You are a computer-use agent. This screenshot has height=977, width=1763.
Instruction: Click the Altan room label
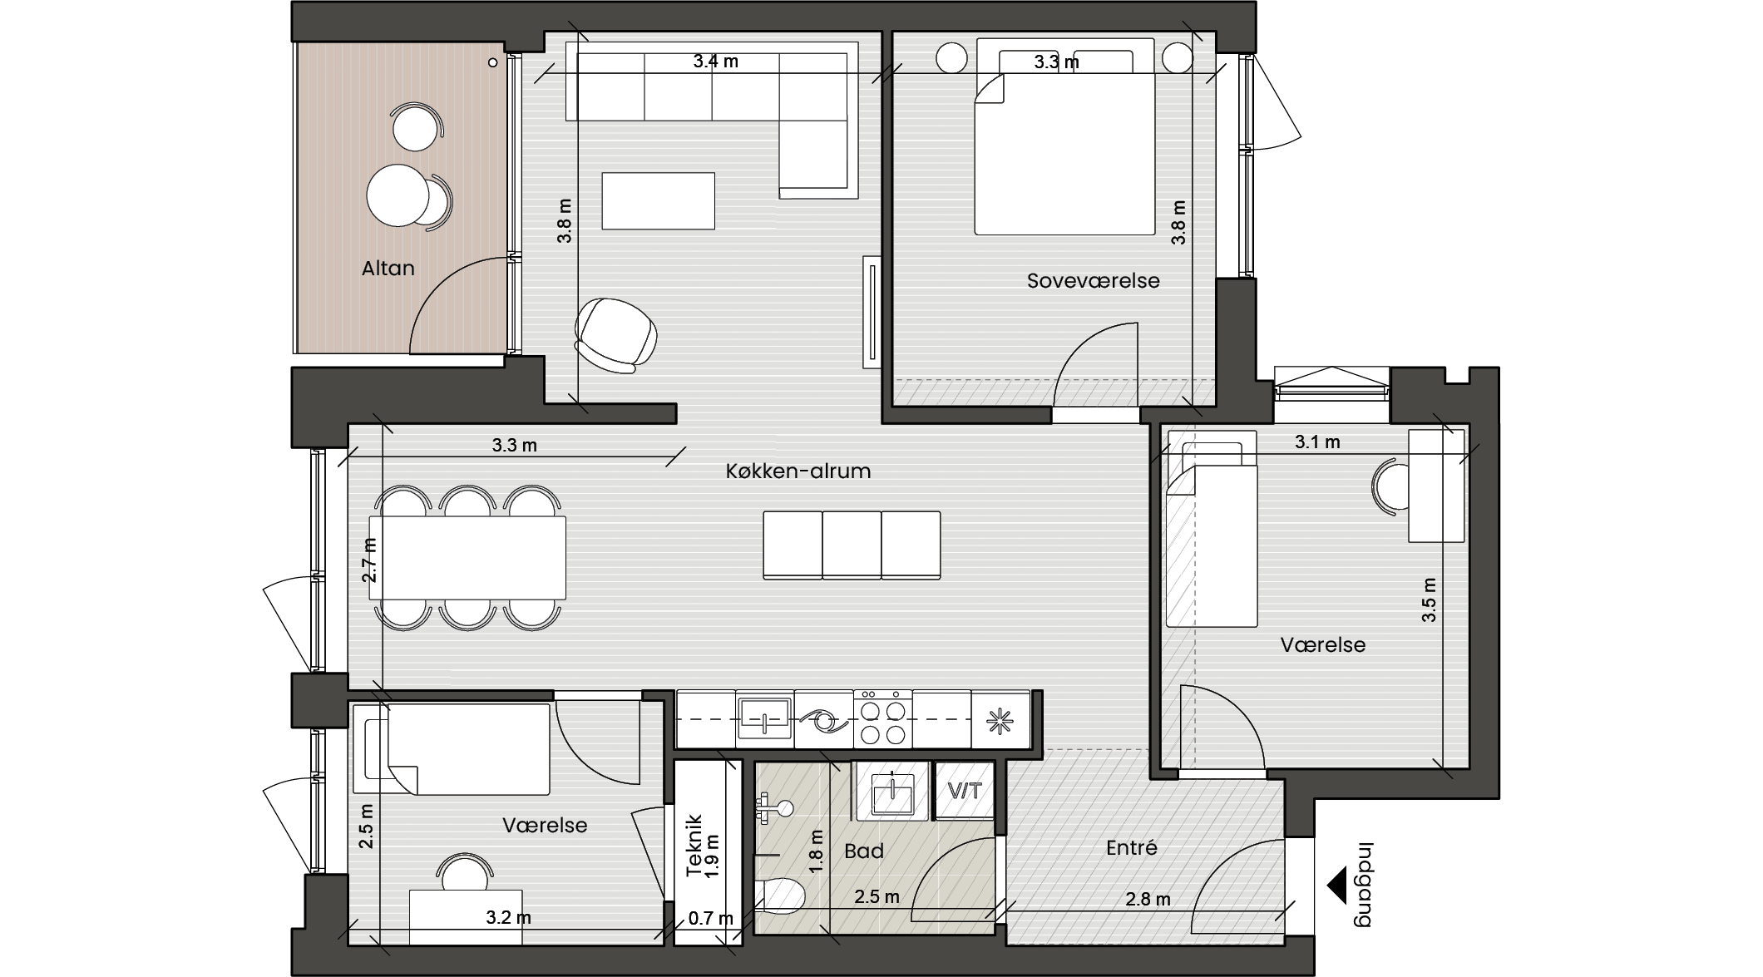coord(388,268)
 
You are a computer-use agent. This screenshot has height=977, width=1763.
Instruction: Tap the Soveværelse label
coord(1093,280)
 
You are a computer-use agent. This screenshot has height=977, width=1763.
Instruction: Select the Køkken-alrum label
coord(798,471)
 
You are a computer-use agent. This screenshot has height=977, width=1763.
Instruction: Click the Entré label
coord(1131,847)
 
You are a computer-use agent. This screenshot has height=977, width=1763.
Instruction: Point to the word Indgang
coord(1365,884)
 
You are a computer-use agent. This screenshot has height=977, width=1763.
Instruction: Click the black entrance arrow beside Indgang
coord(1336,885)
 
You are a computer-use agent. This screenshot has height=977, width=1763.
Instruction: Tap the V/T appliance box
coord(965,790)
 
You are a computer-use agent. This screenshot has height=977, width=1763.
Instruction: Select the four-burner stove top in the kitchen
coord(882,719)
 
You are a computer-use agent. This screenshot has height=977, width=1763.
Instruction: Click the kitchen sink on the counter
coord(764,719)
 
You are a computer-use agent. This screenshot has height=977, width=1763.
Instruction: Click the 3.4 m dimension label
coord(716,61)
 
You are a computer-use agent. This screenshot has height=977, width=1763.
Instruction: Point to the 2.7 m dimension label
coord(369,560)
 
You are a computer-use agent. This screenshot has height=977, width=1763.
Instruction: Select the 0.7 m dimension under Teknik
coord(711,919)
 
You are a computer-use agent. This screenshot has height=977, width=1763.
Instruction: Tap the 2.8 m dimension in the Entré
coord(1148,899)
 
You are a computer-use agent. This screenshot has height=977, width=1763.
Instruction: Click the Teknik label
coord(694,845)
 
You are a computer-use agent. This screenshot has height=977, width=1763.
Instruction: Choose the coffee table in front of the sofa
coord(659,200)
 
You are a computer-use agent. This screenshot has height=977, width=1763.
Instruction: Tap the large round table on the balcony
coord(398,195)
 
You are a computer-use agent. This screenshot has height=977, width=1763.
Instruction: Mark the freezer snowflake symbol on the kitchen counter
coord(1000,720)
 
